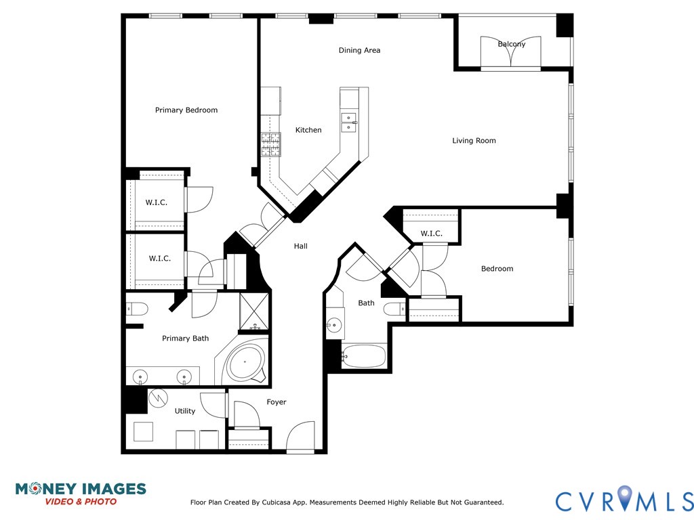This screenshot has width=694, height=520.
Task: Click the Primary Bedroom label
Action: [186, 110]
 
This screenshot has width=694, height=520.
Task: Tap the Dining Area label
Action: [359, 50]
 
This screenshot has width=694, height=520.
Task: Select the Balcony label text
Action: [512, 45]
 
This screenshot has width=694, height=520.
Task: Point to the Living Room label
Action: [474, 141]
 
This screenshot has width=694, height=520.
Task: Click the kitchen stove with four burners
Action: [271, 144]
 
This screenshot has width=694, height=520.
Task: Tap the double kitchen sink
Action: [349, 122]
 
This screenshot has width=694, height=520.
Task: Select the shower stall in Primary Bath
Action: [254, 312]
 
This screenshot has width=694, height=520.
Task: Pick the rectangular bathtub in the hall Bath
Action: [364, 355]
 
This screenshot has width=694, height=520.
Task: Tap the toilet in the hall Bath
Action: [394, 309]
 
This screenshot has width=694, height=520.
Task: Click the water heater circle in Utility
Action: [157, 397]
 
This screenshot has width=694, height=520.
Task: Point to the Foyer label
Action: [277, 402]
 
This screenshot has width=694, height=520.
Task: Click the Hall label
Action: [301, 246]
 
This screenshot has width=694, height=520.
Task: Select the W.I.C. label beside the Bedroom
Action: [431, 234]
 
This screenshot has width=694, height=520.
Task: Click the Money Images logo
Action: [81, 493]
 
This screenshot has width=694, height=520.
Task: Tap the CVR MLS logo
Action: [624, 500]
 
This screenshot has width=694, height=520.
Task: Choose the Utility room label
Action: [185, 411]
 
